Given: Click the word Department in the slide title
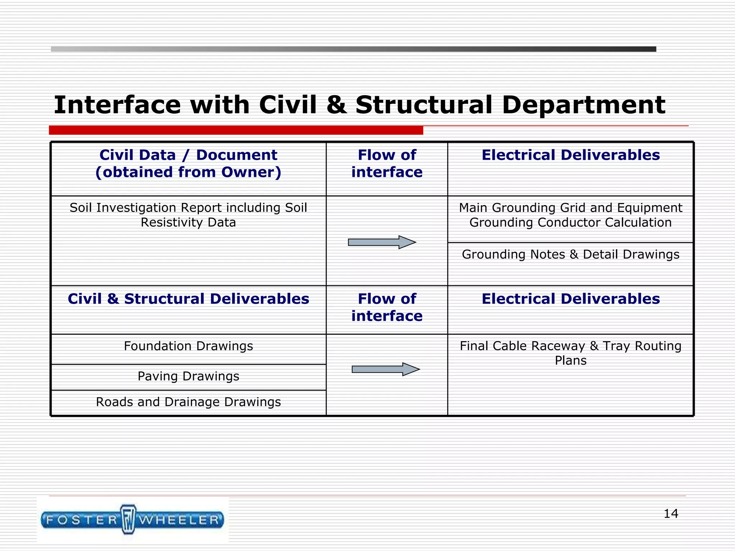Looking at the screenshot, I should coord(583,105).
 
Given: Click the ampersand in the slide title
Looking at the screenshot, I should coord(336,105).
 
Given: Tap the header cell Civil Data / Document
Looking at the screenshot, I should coord(188,164).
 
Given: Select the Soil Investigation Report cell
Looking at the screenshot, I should coord(188,215).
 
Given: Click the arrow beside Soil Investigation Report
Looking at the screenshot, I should coord(382,242).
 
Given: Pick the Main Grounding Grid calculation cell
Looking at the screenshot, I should coord(570,215).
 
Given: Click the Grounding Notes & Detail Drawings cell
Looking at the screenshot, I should coord(570,254).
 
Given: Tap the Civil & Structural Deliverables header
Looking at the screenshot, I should coord(188,299).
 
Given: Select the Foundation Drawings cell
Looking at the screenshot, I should coord(188,346).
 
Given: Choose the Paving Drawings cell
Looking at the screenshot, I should coord(188,376).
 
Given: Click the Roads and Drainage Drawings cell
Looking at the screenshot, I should coord(188,402).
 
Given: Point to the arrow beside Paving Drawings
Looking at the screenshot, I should coord(385,369).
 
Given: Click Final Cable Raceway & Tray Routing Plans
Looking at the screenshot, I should coord(570,353).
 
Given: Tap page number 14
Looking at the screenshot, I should coord(670,514).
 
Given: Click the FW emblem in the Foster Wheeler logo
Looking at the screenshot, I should coord(128,519).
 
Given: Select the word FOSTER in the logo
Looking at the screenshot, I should coord(82,520).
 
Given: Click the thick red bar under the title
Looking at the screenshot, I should coord(236,130).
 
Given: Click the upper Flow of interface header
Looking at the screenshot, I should coord(387,164).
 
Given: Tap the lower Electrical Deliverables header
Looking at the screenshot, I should coord(570,299).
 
